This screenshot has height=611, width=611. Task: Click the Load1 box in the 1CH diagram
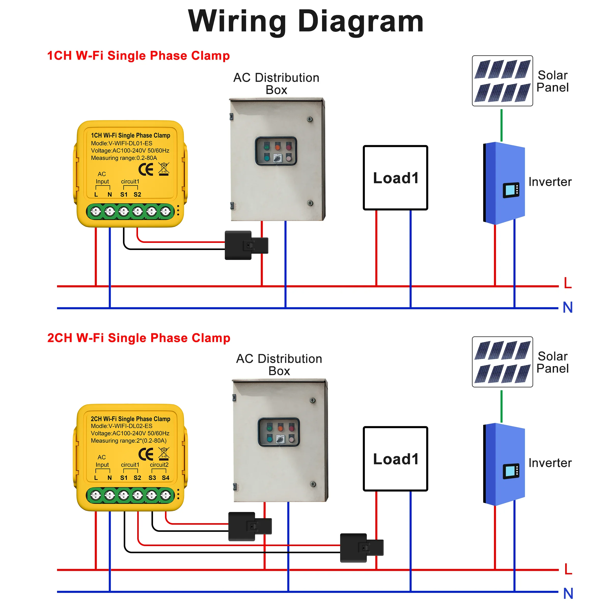pos(395,178)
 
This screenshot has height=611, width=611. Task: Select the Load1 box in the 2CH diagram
pos(395,459)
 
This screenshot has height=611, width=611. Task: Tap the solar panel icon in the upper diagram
pos(502,81)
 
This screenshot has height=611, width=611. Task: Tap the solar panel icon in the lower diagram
pos(502,362)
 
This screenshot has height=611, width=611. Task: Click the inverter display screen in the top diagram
pos(511,190)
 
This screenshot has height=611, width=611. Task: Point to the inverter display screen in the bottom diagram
pos(511,471)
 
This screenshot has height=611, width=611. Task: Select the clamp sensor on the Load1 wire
pos(362,548)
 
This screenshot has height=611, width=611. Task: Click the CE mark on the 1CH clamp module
pos(146,170)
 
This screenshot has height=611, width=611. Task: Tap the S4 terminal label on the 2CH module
pos(165,478)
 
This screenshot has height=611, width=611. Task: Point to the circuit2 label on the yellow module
pos(159,465)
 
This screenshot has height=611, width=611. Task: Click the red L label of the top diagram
pos(568,283)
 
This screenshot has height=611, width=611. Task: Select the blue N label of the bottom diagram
pos(568,594)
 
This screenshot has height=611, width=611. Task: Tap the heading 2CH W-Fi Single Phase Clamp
pos(138,338)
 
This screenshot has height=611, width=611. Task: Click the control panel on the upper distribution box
pos(276,151)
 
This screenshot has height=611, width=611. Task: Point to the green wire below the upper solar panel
pos(502,125)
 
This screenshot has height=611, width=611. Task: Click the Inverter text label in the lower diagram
pos(550,463)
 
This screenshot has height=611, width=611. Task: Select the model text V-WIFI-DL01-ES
pos(130,143)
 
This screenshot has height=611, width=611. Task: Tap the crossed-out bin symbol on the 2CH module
pos(164,453)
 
